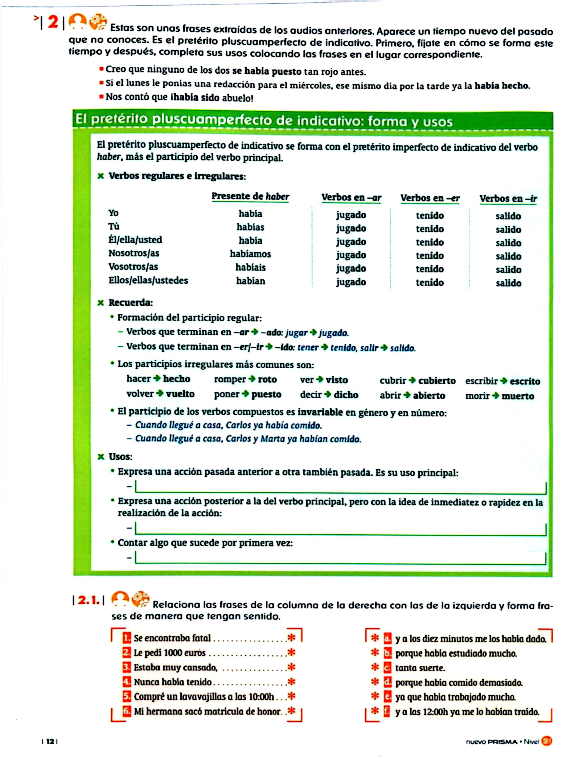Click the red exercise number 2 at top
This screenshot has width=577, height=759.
pyautogui.click(x=53, y=23)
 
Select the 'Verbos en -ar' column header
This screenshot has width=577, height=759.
pyautogui.click(x=351, y=198)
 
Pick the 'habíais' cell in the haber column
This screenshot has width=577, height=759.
pyautogui.click(x=250, y=267)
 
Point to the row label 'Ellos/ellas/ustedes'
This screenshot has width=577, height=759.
pyautogui.click(x=148, y=280)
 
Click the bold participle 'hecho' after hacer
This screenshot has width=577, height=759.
pyautogui.click(x=177, y=378)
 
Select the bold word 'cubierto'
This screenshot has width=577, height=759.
pyautogui.click(x=437, y=381)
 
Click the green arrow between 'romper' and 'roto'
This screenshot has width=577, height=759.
pyautogui.click(x=252, y=379)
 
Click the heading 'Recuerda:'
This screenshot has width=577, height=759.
pyautogui.click(x=131, y=303)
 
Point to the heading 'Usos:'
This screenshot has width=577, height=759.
pyautogui.click(x=120, y=457)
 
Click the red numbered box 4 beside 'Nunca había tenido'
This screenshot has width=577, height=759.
pyautogui.click(x=127, y=682)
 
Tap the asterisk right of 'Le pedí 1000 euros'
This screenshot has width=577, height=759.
pyautogui.click(x=291, y=652)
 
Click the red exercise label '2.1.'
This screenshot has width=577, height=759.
pyautogui.click(x=89, y=600)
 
